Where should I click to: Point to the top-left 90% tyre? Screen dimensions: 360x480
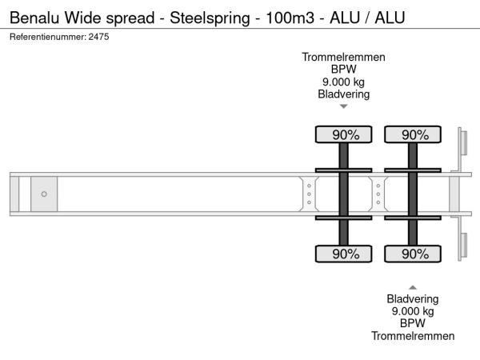[343, 135]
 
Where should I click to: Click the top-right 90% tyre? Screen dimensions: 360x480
[414, 135]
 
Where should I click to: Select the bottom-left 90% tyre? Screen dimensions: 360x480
[343, 254]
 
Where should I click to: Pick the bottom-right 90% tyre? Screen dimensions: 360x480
[414, 254]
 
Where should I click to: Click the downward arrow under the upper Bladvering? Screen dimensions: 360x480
[343, 106]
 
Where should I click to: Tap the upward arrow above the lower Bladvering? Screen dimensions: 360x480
[413, 286]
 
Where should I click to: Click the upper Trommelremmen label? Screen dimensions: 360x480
[343, 57]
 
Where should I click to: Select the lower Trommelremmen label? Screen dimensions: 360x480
[413, 336]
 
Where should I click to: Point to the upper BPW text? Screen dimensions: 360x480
[343, 70]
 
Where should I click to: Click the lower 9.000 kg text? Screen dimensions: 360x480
[413, 311]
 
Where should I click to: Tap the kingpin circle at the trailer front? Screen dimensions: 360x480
[44, 194]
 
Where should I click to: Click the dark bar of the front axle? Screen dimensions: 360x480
[343, 194]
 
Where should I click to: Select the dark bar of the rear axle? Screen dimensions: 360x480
[414, 194]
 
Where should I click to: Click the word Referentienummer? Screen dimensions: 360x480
[46, 38]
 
